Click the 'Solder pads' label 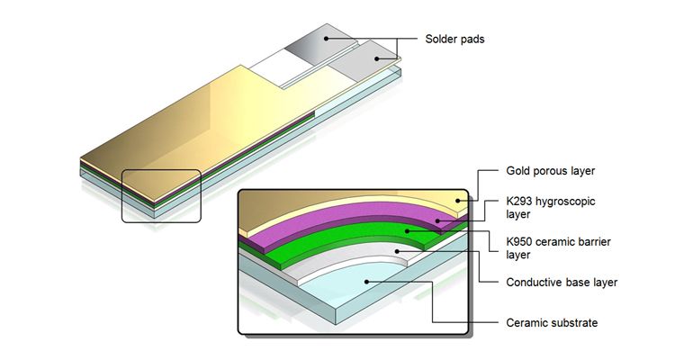pyautogui.click(x=454, y=40)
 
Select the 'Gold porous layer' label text pyautogui.click(x=550, y=171)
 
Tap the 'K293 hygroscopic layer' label pyautogui.click(x=550, y=208)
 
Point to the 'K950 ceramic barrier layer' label pyautogui.click(x=558, y=248)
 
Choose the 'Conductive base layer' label pyautogui.click(x=562, y=283)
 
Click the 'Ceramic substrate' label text pyautogui.click(x=552, y=323)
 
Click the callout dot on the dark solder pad pyautogui.click(x=327, y=39)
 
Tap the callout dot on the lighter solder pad pyautogui.click(x=376, y=59)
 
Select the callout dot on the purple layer pyautogui.click(x=437, y=220)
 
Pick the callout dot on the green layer pyautogui.click(x=407, y=231)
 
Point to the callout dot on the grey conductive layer pyautogui.click(x=397, y=251)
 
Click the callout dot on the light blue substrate pyautogui.click(x=366, y=282)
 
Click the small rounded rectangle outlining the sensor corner pyautogui.click(x=121, y=196)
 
